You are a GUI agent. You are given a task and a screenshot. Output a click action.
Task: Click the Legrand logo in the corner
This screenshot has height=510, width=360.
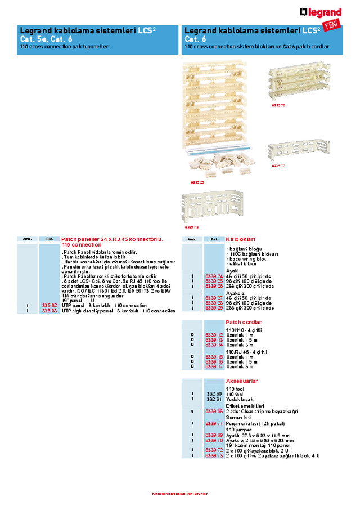click(x=321, y=12)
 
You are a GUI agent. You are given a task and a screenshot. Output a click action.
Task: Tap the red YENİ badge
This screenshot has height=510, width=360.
click(x=332, y=24)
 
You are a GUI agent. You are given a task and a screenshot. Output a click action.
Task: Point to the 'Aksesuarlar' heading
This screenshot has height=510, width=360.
click(x=242, y=381)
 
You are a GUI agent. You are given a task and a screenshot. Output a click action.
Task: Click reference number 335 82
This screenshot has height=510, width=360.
click(x=49, y=305)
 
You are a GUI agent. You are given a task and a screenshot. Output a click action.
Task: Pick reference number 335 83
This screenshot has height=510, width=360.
click(x=49, y=310)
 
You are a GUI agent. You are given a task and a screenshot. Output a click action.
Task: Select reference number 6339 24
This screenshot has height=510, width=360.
click(x=214, y=276)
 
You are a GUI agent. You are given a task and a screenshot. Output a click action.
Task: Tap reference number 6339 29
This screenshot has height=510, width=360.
click(x=214, y=308)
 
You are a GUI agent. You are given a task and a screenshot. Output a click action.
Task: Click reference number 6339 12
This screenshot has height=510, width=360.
click(x=214, y=335)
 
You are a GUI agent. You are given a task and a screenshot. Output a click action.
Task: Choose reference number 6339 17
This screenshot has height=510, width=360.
click(x=214, y=366)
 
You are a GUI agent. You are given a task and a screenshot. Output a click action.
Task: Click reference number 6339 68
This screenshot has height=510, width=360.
click(x=214, y=411)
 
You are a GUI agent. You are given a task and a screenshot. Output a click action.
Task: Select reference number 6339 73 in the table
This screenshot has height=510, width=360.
click(x=214, y=455)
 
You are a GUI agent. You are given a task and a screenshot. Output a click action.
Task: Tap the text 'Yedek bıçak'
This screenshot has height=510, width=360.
click(x=240, y=399)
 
